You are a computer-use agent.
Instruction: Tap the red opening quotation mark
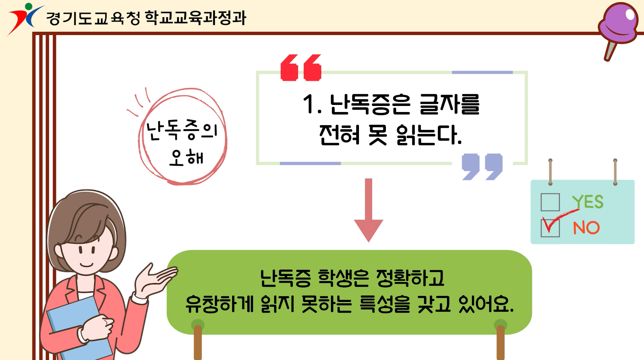(301, 67)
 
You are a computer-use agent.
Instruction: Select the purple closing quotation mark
(482, 167)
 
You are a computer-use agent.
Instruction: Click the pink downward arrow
(368, 210)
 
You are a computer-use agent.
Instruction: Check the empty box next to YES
(550, 202)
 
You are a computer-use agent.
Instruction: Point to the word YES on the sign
(588, 202)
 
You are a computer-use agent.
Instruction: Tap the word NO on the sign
(586, 228)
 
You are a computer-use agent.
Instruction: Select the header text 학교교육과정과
(196, 18)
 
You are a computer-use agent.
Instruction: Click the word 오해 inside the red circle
(186, 157)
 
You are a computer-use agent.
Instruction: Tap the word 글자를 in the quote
(449, 104)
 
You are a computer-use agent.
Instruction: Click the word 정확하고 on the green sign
(410, 278)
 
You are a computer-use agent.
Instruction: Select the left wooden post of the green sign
(198, 340)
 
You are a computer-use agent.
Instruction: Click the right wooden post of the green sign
(501, 340)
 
